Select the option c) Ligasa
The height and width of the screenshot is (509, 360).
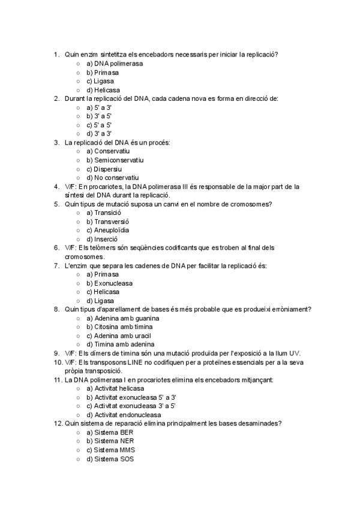point(100,81)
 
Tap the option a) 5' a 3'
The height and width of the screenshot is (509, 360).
point(99,107)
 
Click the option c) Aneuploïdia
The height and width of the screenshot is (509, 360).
point(107,230)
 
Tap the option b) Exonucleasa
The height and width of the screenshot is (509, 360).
point(109,283)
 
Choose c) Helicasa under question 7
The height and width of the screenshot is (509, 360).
point(103,292)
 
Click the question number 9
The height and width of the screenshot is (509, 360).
point(56,354)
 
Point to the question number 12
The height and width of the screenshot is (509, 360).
point(57,424)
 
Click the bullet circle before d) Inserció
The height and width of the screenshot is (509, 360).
point(79,239)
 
